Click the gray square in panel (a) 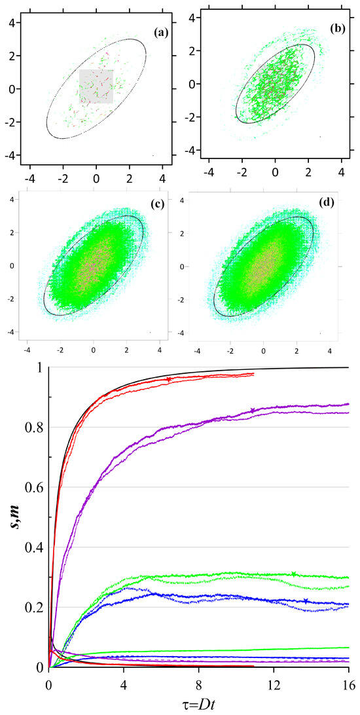[x=96, y=86]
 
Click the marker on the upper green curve [x=294, y=574]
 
